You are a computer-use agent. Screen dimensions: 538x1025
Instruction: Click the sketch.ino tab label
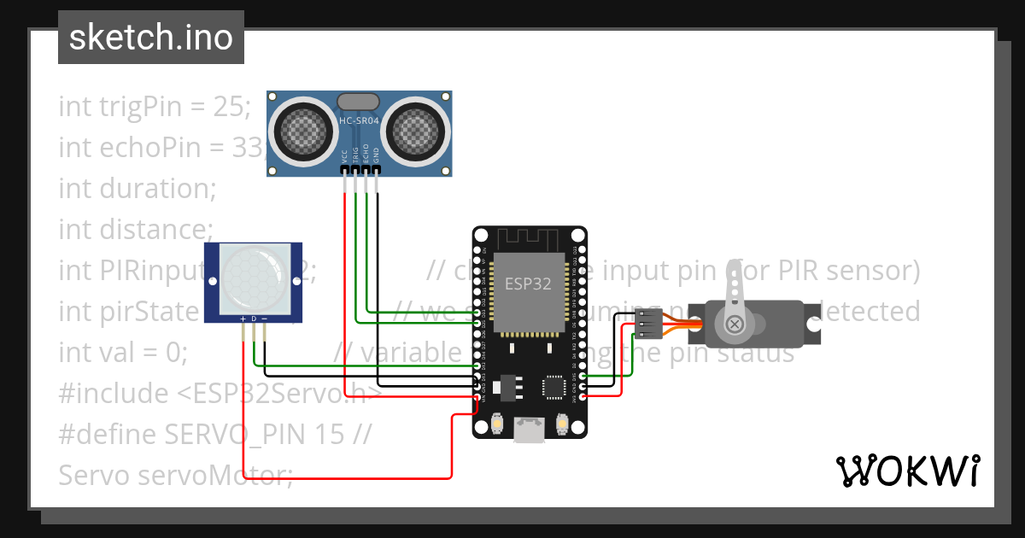(x=151, y=38)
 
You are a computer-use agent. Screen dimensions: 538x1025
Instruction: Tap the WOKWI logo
(x=907, y=471)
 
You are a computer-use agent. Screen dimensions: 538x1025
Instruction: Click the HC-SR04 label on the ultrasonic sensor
(x=360, y=121)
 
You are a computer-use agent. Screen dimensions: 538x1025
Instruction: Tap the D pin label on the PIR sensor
(x=254, y=319)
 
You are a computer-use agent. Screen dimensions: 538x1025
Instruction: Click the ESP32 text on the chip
(x=528, y=284)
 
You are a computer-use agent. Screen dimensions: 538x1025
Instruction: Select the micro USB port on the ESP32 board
(x=530, y=430)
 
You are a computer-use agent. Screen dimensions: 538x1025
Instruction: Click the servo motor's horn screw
(x=735, y=324)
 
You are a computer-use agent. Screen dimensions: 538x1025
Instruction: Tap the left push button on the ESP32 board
(x=497, y=423)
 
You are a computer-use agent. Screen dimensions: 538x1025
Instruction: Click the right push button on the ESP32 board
(x=563, y=423)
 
